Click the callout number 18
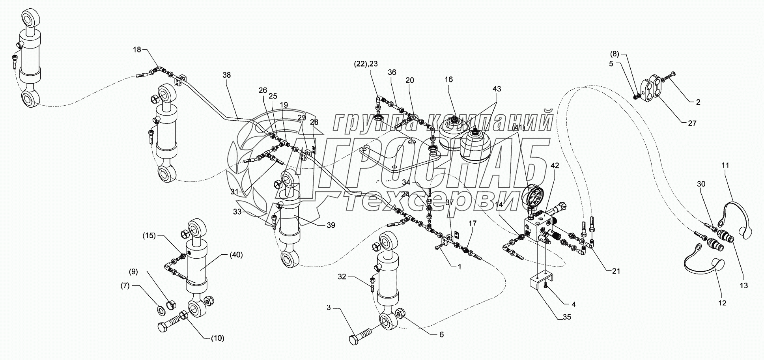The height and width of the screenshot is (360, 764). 136,50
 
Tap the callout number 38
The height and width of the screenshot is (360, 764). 227,75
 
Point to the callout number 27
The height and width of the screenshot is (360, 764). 692,123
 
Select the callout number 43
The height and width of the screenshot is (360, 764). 497,89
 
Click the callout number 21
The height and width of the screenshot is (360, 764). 616,271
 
